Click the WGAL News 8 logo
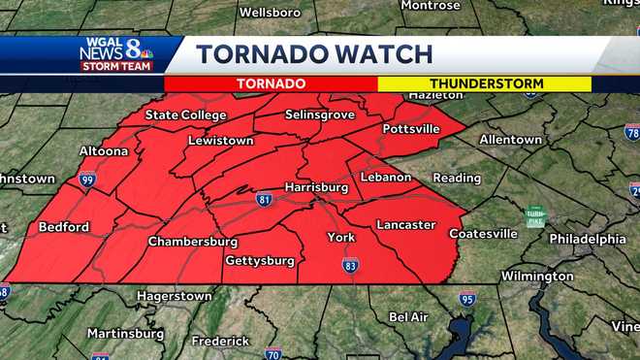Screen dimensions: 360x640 [115, 54]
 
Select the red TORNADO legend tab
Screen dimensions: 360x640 [271, 84]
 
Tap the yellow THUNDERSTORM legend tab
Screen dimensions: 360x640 [484, 84]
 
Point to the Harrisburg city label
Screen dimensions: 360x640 [316, 186]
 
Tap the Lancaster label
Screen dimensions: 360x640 [405, 225]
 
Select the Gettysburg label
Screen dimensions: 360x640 [259, 261]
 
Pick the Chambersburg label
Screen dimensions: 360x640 [193, 242]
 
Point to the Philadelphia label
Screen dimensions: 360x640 [587, 239]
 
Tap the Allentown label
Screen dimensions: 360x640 [510, 140]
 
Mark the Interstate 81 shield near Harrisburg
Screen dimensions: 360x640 [264, 200]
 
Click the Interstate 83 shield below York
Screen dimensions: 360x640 [350, 265]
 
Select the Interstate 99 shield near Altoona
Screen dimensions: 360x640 [87, 180]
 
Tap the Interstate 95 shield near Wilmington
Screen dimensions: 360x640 [466, 298]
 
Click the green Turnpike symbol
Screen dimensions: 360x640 [534, 217]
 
